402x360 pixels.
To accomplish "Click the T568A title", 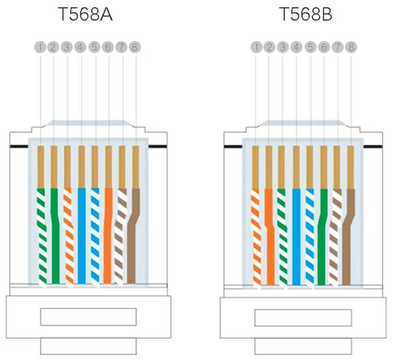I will [x=86, y=15].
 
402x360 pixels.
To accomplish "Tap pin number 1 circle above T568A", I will [x=41, y=47].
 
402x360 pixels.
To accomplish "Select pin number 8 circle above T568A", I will [x=135, y=47].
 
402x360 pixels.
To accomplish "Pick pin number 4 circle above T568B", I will [x=296, y=47].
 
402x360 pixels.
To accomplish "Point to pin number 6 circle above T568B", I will [x=324, y=47].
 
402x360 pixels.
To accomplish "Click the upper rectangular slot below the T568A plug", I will [x=89, y=317].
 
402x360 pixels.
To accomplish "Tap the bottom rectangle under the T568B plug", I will [x=303, y=347].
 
